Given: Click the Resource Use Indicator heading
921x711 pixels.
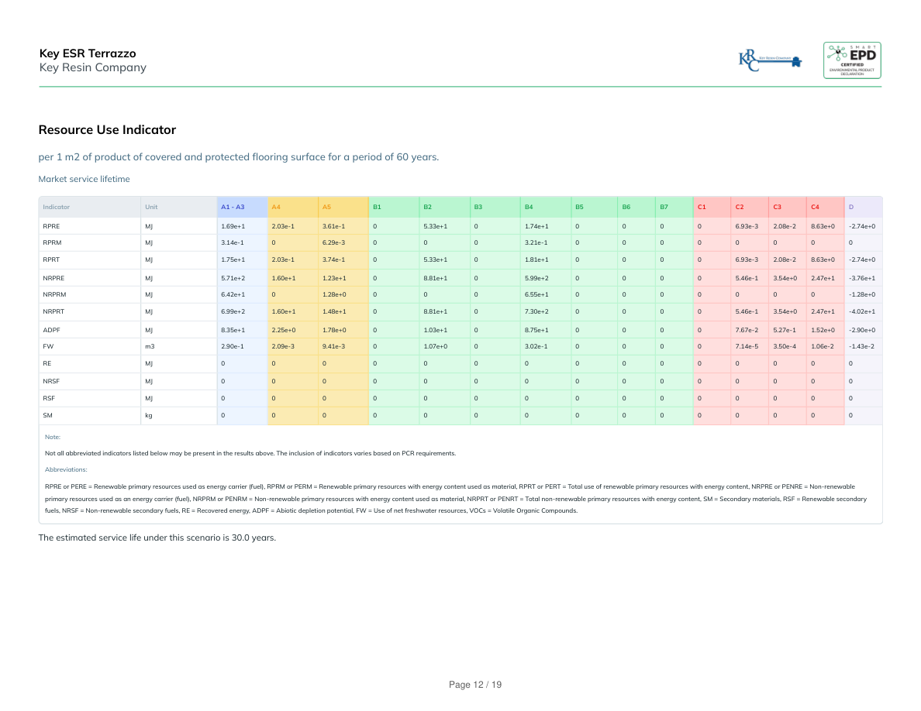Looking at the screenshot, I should point(107,130).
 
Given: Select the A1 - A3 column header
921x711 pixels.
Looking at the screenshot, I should point(233,207).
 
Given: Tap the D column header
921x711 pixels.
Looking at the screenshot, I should point(851,207).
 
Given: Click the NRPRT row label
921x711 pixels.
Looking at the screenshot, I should point(53,311).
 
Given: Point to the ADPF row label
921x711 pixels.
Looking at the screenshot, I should point(51,329).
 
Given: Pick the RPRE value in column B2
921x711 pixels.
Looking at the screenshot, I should point(435,226).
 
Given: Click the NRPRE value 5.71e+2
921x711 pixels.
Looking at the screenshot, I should point(233,277).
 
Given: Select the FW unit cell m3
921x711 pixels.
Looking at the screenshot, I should point(150,346).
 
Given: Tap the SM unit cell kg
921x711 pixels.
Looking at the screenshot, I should point(149,416).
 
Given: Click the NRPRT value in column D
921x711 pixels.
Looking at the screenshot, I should point(861,311).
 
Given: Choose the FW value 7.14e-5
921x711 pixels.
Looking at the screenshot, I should point(747,346).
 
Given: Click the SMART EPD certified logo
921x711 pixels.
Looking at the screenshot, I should point(851,60).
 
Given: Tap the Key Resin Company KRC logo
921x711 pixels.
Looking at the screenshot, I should point(770,60).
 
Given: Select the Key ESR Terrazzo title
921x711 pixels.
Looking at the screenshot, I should point(88,53).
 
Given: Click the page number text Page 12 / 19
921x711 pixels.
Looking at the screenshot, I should point(475,685).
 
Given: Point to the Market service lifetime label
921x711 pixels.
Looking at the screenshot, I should point(84,179).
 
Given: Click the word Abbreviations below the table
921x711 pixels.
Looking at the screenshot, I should point(66,469).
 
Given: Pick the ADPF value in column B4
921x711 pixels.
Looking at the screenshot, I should point(536,329).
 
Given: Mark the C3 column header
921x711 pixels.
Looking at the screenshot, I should point(777,207).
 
